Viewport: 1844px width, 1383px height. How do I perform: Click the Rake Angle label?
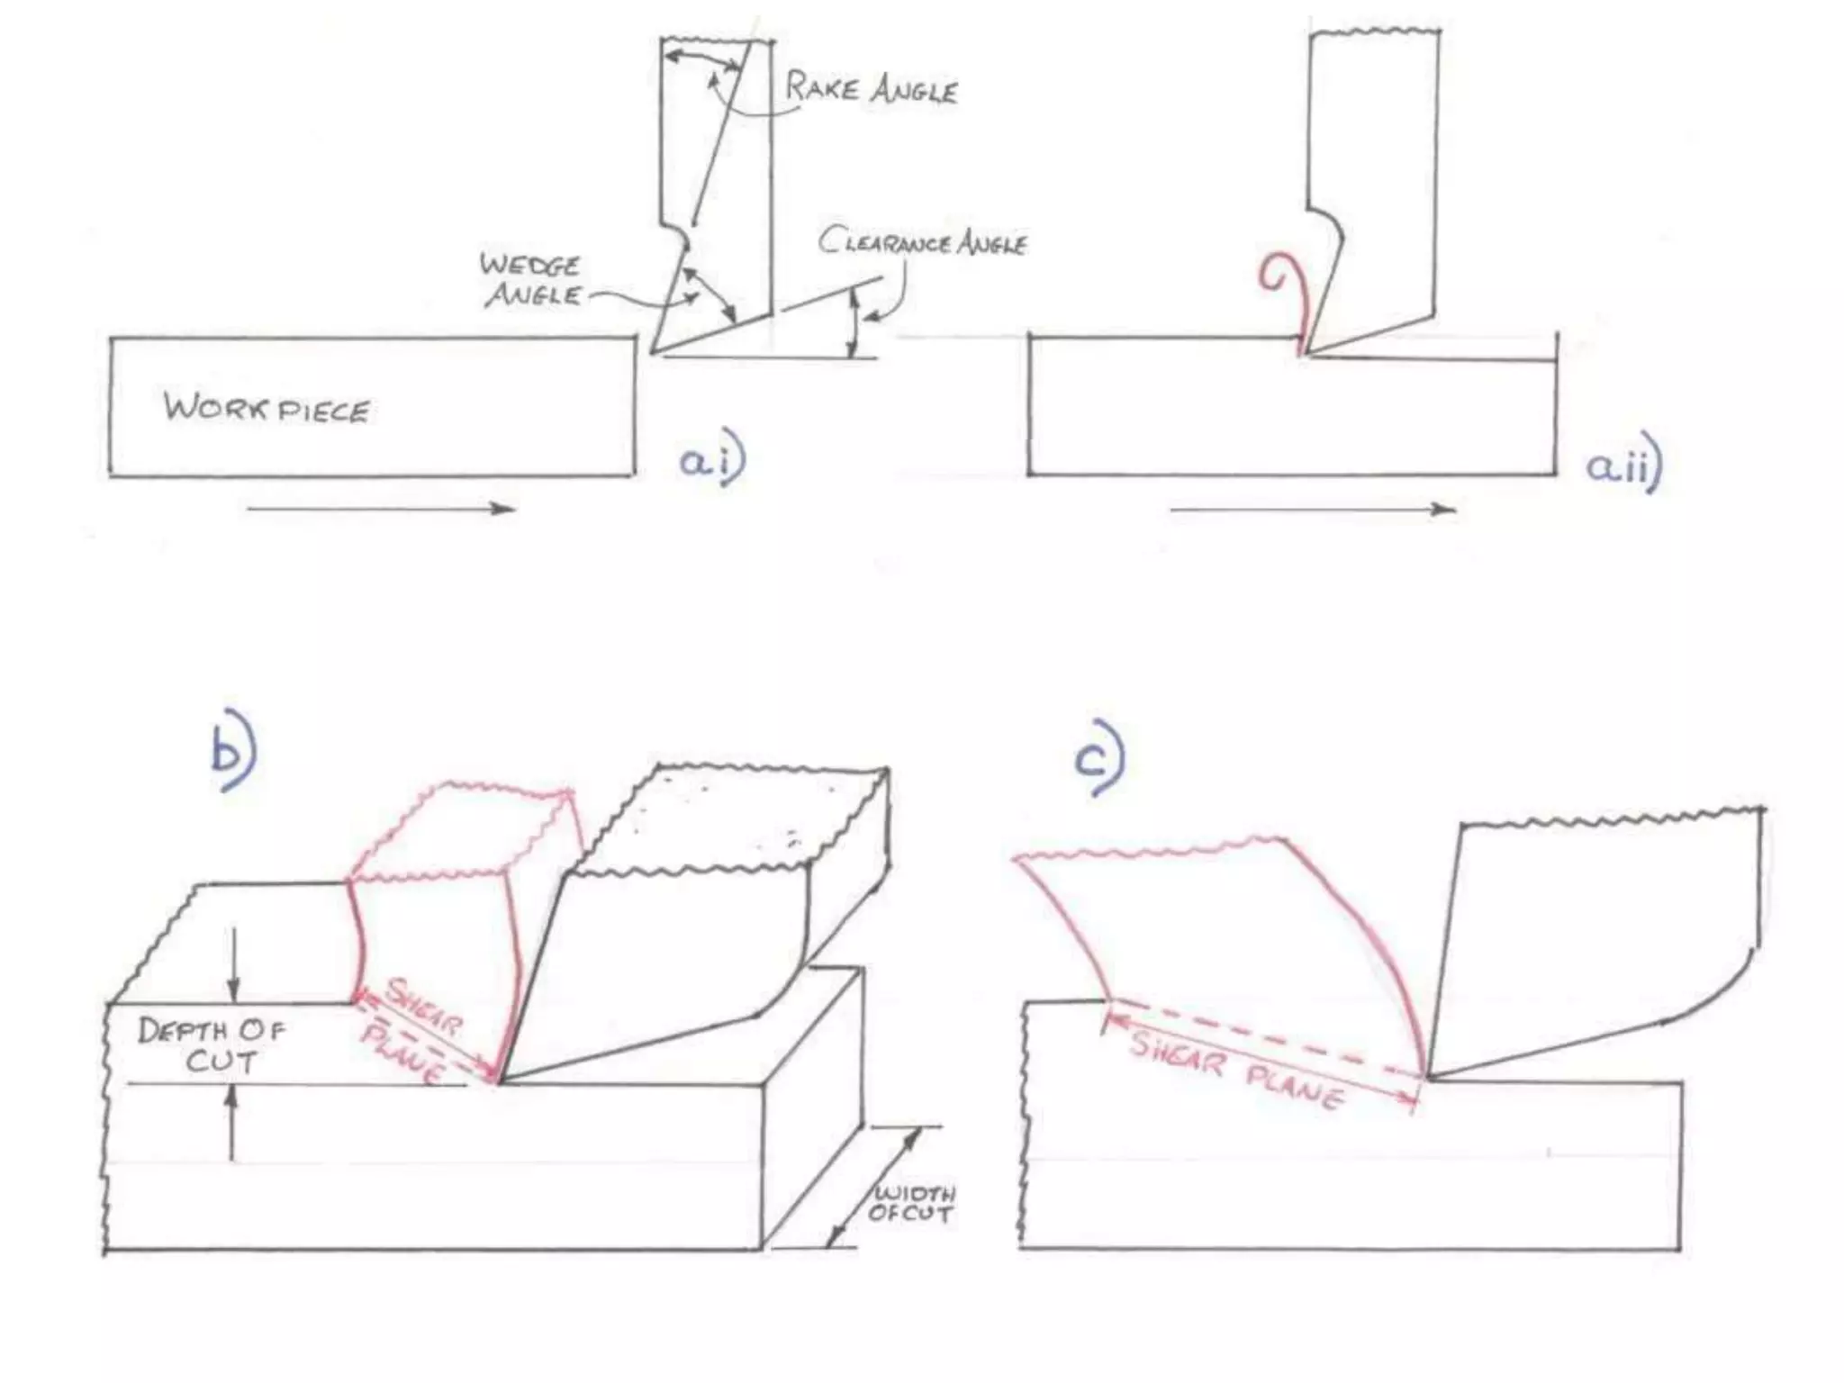coord(871,89)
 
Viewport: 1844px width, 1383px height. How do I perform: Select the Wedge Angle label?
coord(530,280)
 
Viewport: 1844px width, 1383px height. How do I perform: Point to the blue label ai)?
coord(712,460)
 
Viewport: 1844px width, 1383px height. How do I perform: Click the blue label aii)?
coord(1623,466)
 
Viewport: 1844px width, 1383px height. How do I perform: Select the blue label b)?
coord(232,758)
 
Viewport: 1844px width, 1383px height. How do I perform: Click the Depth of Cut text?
coord(212,1044)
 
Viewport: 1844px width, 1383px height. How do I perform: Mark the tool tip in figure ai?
coord(652,352)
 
